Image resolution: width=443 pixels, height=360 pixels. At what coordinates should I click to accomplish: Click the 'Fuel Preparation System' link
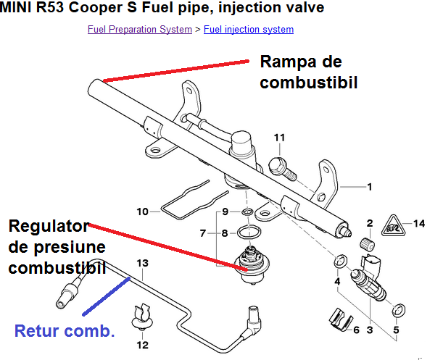click(139, 30)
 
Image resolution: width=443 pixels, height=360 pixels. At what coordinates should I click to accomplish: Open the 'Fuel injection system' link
click(249, 30)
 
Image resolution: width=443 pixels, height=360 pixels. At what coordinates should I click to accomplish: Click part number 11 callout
click(280, 138)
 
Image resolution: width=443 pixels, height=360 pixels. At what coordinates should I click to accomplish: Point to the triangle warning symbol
click(392, 224)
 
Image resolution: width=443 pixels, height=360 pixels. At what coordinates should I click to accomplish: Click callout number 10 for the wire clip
click(143, 212)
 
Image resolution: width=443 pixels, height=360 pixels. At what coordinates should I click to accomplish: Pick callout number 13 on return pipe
click(142, 262)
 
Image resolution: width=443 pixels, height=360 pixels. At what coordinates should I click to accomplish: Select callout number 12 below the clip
click(143, 345)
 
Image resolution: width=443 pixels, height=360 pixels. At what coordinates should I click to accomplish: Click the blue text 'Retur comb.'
click(65, 332)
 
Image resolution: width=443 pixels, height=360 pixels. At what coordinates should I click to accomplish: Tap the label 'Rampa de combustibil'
click(310, 72)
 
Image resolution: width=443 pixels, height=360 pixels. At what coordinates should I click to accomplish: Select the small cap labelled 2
click(367, 244)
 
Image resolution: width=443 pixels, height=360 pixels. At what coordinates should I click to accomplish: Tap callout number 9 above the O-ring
click(225, 211)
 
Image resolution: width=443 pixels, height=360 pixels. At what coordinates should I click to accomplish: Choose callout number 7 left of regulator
click(204, 233)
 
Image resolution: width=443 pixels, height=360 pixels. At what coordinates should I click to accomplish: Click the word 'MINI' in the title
click(20, 8)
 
